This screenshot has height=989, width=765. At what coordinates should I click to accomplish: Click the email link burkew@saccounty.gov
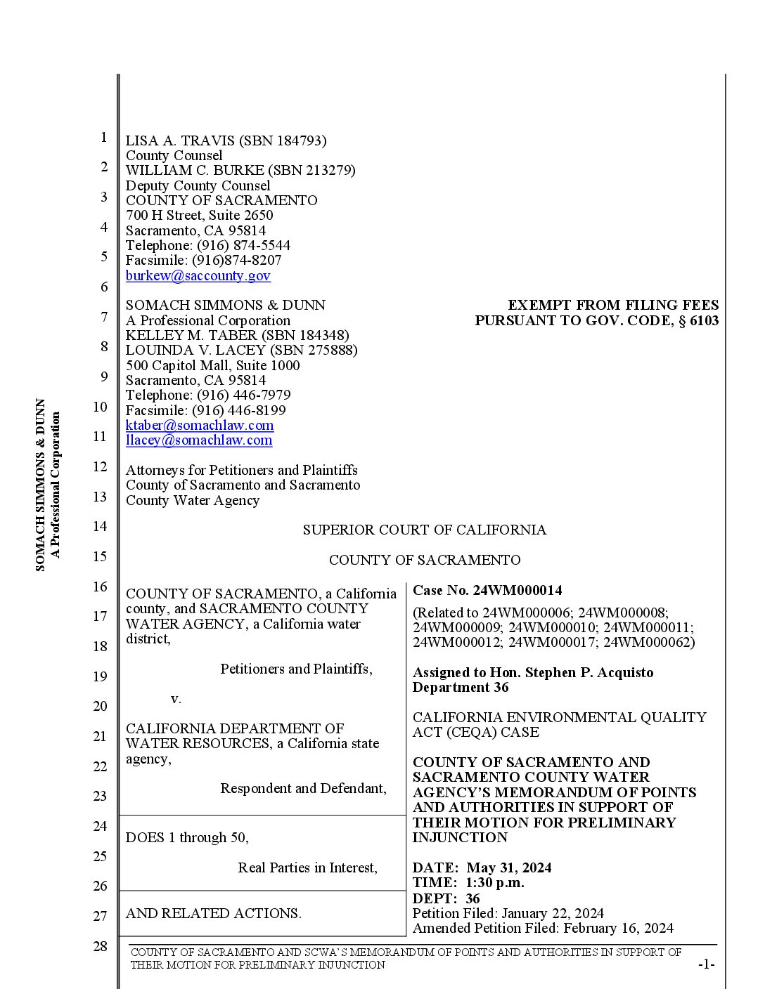pos(198,275)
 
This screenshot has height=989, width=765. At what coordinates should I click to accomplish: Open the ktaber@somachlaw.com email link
pos(200,425)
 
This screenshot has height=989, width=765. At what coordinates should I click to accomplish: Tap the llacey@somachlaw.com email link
pos(199,440)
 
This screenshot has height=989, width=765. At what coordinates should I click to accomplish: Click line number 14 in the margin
pos(100,526)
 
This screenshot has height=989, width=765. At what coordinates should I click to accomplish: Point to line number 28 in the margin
pos(100,946)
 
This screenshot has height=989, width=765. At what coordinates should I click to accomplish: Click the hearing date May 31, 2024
pos(508,867)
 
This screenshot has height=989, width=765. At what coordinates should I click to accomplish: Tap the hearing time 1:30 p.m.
pos(495,882)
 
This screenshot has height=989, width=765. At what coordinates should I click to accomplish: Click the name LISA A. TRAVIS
pos(180,140)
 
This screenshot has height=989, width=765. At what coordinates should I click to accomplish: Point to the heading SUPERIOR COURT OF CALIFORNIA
pos(424,530)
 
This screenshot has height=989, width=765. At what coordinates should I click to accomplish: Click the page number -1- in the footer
pos(706,964)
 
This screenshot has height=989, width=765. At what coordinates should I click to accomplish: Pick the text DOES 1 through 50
pos(187,837)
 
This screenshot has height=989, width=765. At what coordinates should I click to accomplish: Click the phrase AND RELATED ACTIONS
pos(213,913)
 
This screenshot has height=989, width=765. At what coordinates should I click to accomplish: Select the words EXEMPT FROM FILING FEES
pos(613,305)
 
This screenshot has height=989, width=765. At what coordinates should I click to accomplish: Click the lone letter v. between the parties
pos(176,699)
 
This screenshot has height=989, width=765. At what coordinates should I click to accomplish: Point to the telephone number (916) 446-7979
pos(243,395)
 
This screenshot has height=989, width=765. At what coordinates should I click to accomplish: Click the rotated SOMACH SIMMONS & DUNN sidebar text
pos(41,485)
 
